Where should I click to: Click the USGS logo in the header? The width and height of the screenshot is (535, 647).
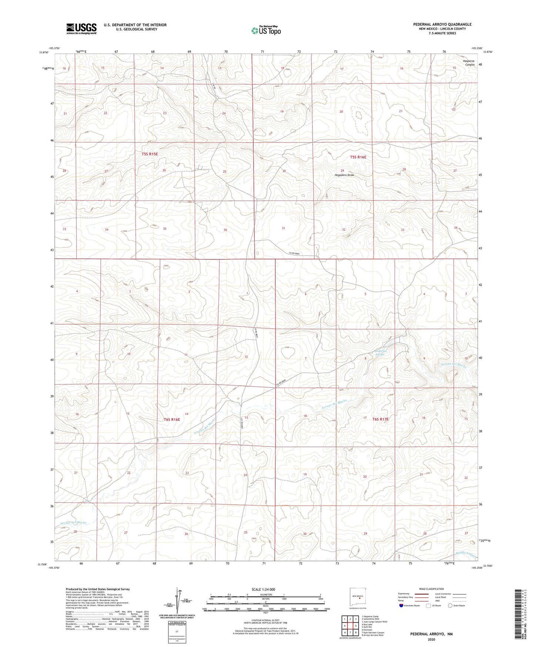pyautogui.click(x=81, y=28)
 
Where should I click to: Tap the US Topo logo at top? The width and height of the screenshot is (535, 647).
pyautogui.click(x=265, y=30)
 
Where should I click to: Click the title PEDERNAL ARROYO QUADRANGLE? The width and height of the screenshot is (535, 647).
pyautogui.click(x=442, y=24)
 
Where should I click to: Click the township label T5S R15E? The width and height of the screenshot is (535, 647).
pyautogui.click(x=150, y=154)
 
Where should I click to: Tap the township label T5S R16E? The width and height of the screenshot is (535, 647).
pyautogui.click(x=358, y=157)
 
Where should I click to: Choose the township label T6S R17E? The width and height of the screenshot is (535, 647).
pyautogui.click(x=380, y=419)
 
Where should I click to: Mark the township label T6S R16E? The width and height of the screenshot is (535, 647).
pyautogui.click(x=171, y=419)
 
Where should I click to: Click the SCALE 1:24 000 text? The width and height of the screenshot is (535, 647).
pyautogui.click(x=263, y=590)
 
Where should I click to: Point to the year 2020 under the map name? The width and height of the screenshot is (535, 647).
pyautogui.click(x=431, y=639)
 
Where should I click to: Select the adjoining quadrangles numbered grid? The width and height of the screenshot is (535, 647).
pyautogui.click(x=350, y=626)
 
